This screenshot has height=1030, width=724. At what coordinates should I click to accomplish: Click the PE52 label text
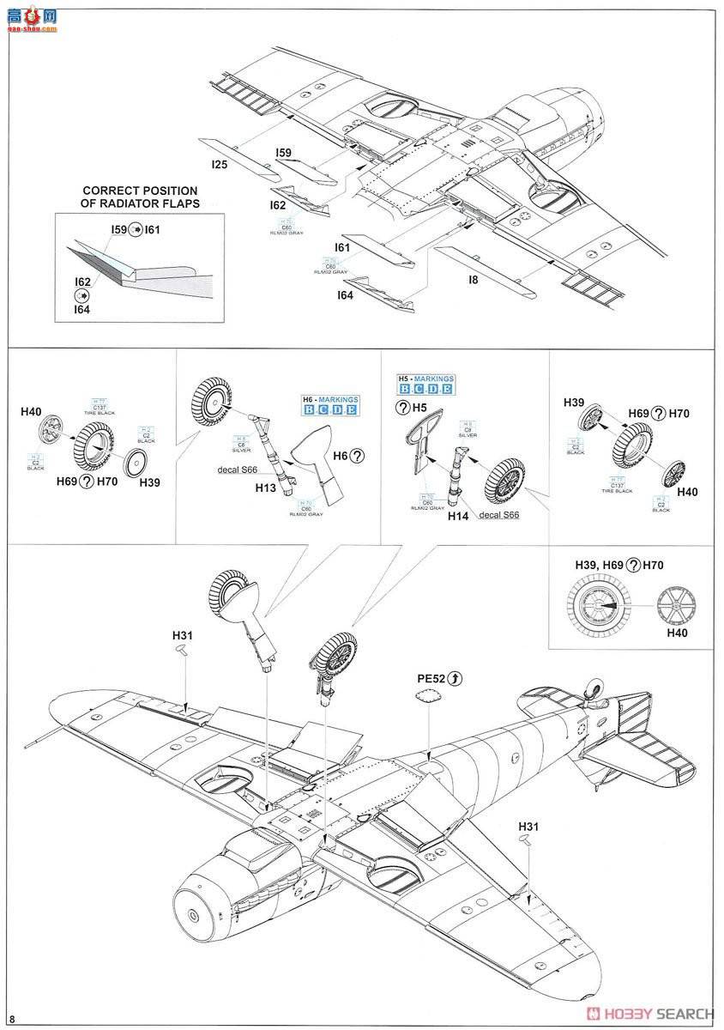click(x=432, y=678)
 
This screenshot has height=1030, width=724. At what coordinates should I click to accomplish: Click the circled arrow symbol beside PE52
click(x=456, y=678)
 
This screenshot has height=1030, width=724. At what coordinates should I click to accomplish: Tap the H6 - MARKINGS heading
click(x=330, y=399)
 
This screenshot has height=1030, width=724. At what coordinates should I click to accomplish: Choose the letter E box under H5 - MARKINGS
click(x=448, y=391)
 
